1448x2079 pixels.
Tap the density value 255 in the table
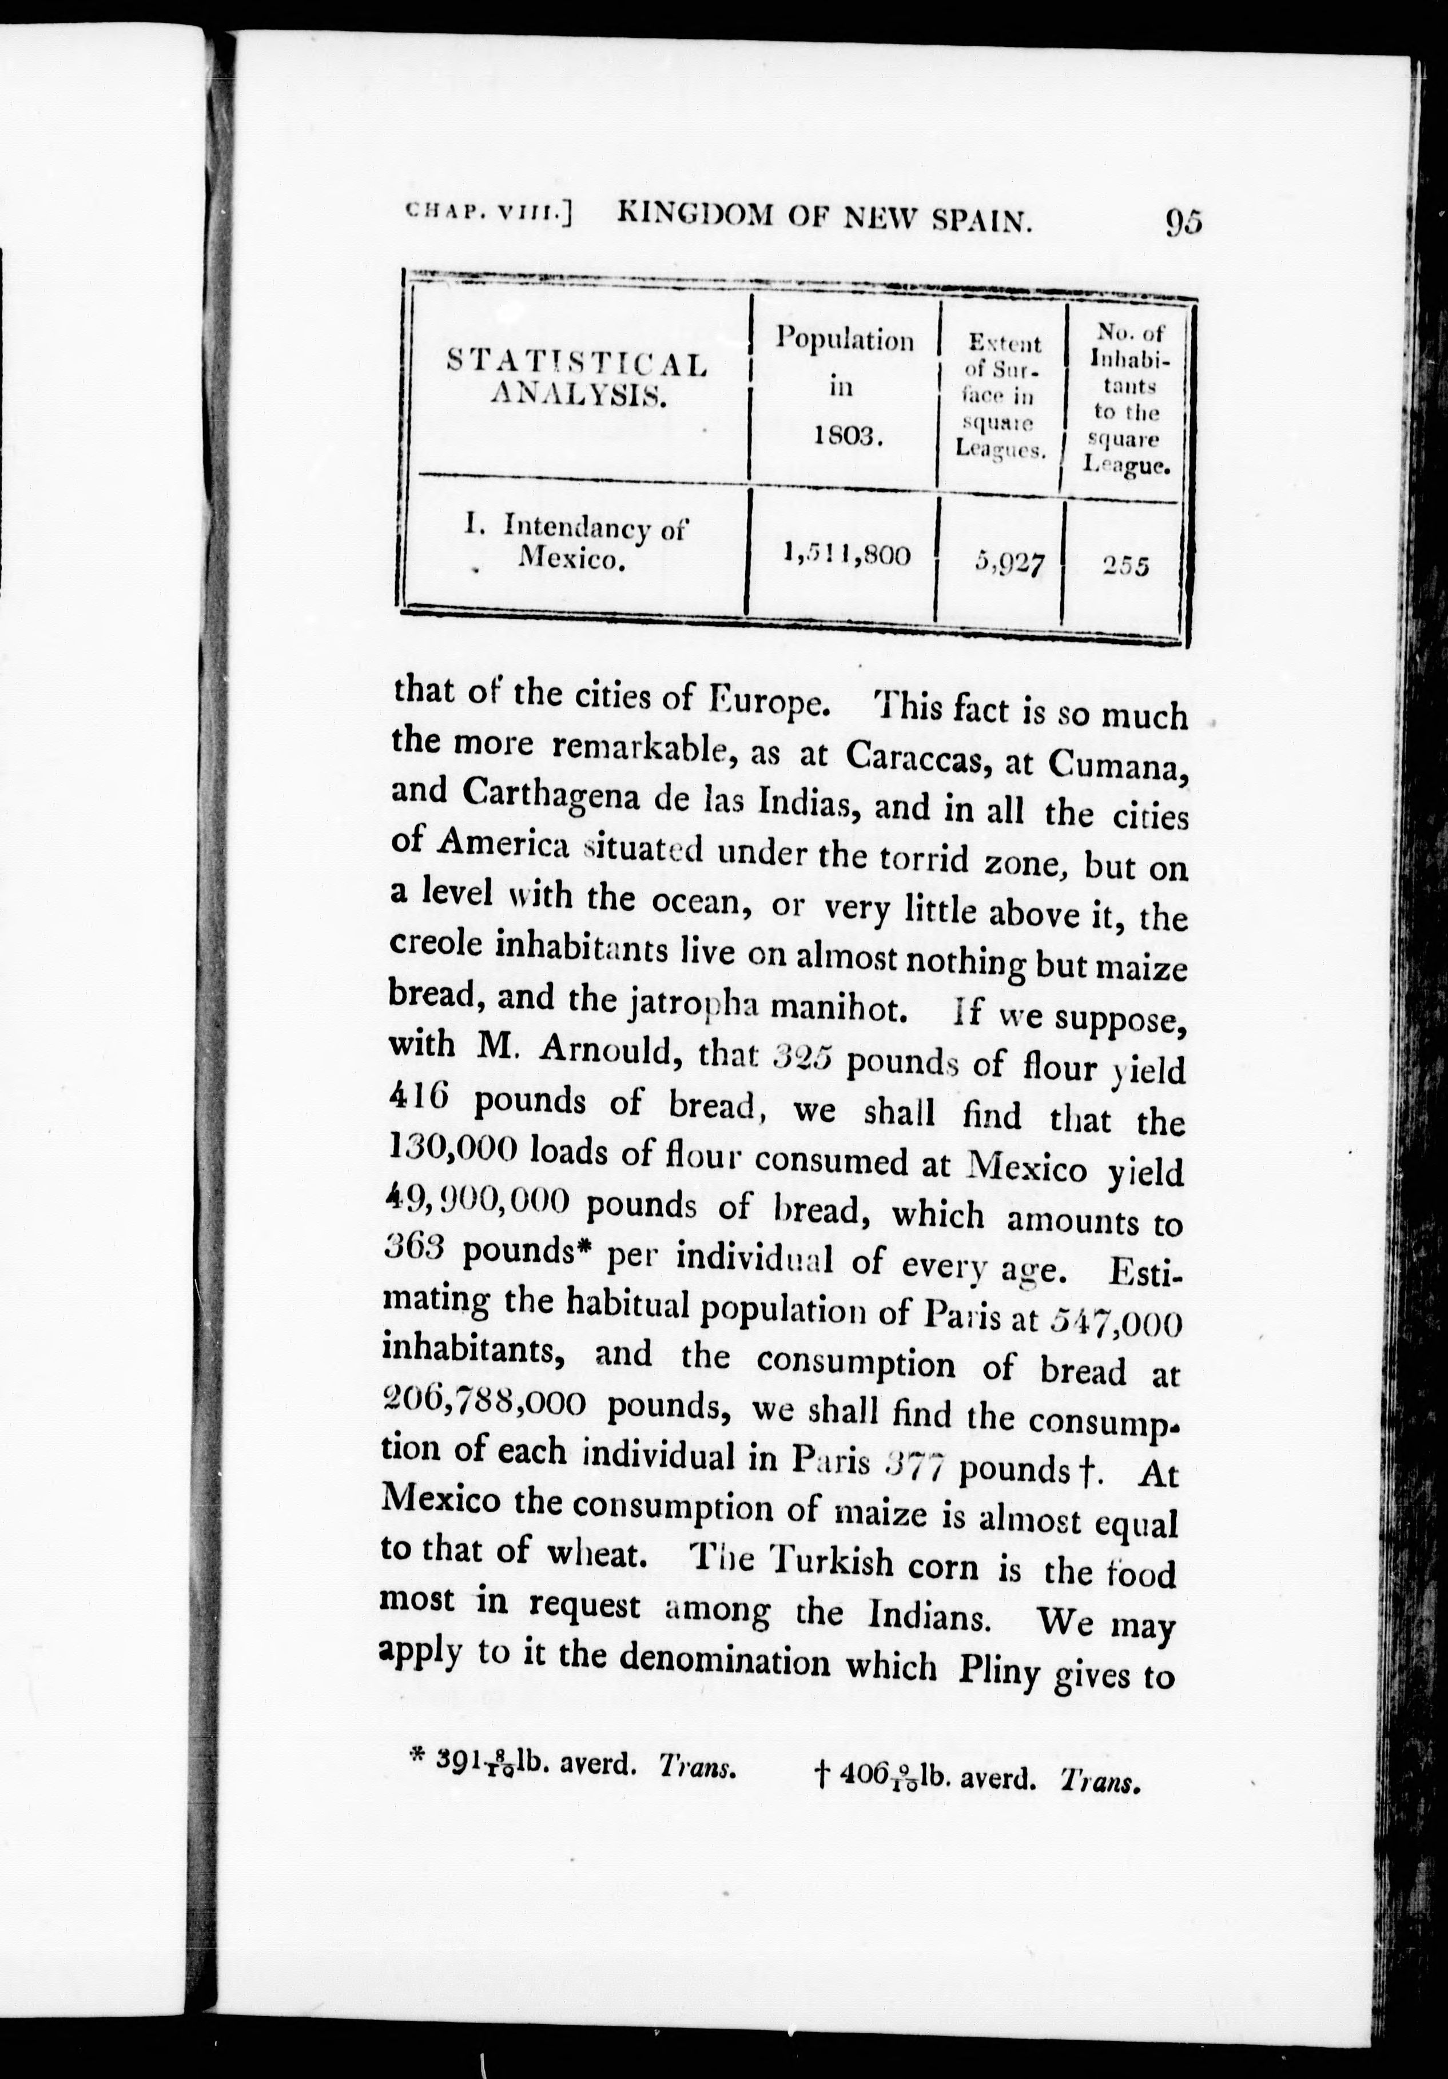1125,566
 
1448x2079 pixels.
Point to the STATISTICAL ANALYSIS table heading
577,379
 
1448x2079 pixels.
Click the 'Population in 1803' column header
844,387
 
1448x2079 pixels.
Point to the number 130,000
452,1148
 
